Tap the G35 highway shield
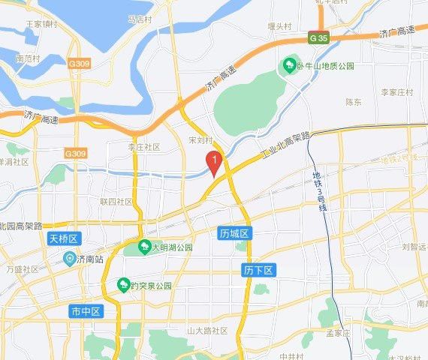click(x=317, y=37)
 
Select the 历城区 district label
click(x=234, y=234)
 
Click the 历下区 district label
click(x=257, y=268)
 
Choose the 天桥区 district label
click(x=64, y=238)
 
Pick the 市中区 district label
click(x=85, y=310)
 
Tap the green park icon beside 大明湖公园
click(x=143, y=246)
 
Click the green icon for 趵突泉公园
click(x=123, y=285)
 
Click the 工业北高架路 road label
click(x=285, y=147)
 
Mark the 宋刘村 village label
click(x=201, y=140)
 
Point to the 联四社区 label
click(x=116, y=202)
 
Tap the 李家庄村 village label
click(x=397, y=92)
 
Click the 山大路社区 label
click(x=207, y=331)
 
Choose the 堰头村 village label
click(x=279, y=26)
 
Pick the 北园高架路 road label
click(x=22, y=225)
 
